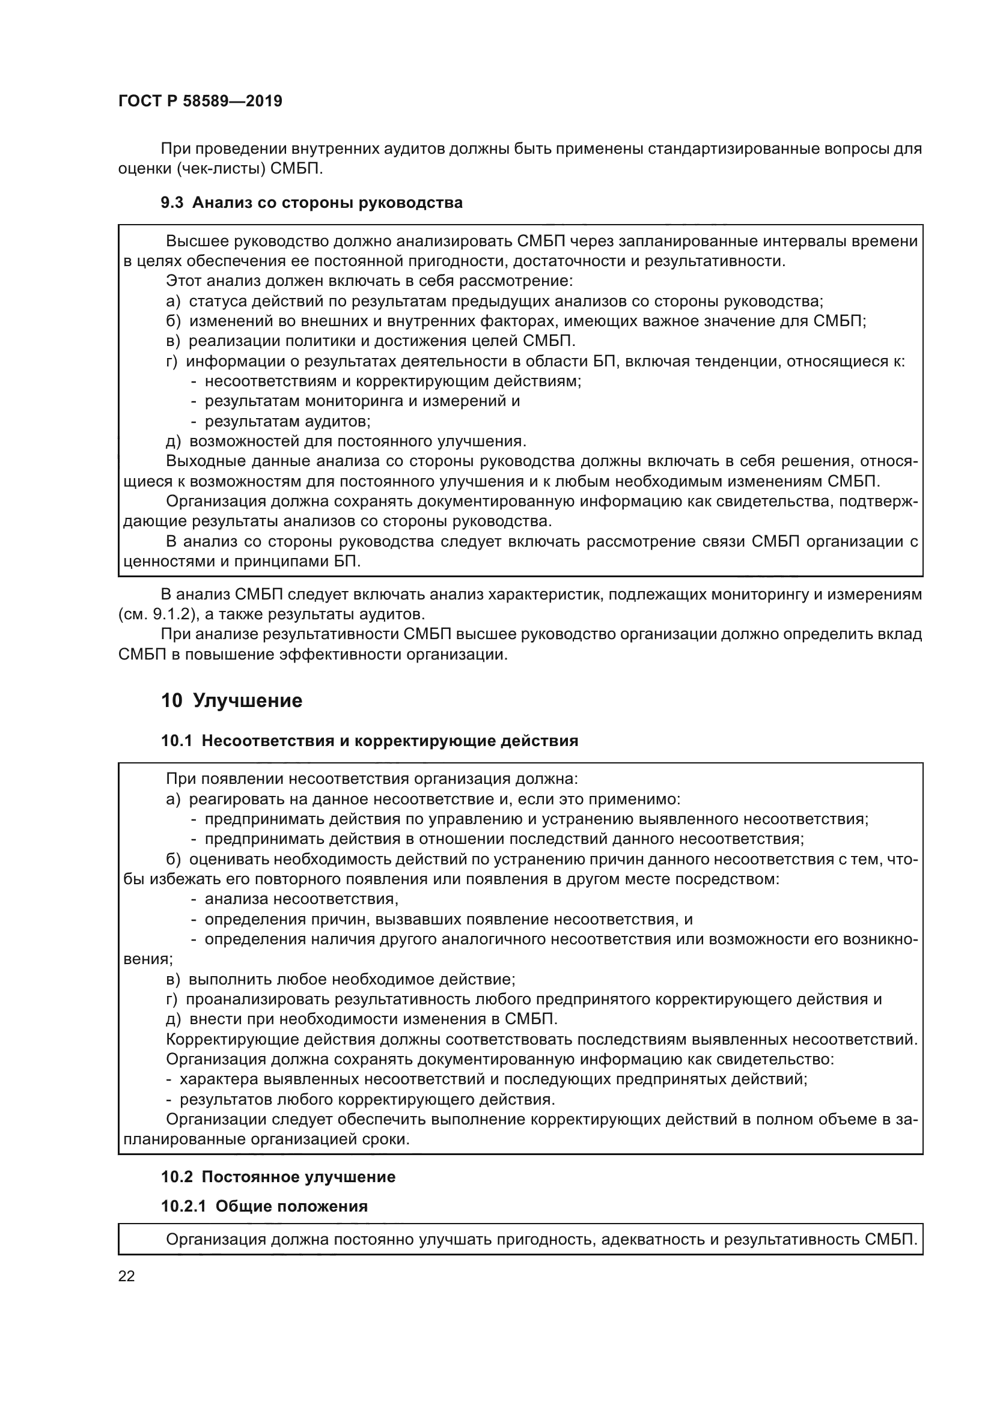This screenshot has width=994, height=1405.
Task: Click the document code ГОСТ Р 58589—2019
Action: (200, 102)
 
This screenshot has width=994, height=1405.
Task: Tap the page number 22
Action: (127, 1276)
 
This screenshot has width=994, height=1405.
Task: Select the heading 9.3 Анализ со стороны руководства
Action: (311, 202)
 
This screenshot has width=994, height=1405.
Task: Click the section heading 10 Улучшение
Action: (232, 700)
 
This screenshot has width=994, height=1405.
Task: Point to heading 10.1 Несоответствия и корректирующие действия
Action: (369, 741)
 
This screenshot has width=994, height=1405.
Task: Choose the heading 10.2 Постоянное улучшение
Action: (278, 1177)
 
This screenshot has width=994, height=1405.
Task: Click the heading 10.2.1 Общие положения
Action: (264, 1206)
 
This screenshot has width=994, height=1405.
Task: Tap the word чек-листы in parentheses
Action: (221, 169)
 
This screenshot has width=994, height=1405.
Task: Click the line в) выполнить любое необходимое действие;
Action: (341, 980)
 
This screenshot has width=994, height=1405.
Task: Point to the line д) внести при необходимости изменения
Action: (362, 1019)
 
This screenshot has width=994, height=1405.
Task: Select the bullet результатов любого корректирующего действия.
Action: (367, 1100)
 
